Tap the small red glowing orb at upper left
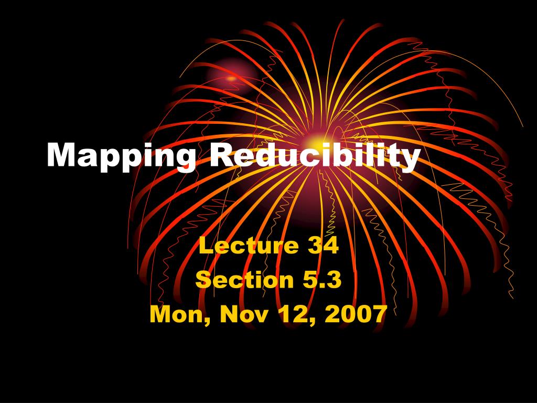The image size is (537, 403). [231, 78]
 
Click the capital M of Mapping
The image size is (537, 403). [59, 154]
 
